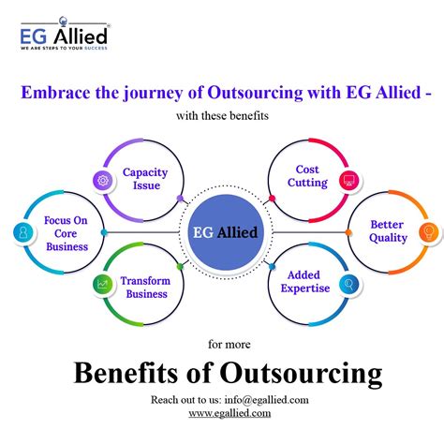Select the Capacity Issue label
(x=145, y=178)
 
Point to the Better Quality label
(x=388, y=231)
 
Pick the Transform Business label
(x=143, y=287)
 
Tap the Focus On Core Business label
(x=66, y=233)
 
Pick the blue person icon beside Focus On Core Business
(x=20, y=232)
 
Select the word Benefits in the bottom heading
(x=124, y=375)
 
